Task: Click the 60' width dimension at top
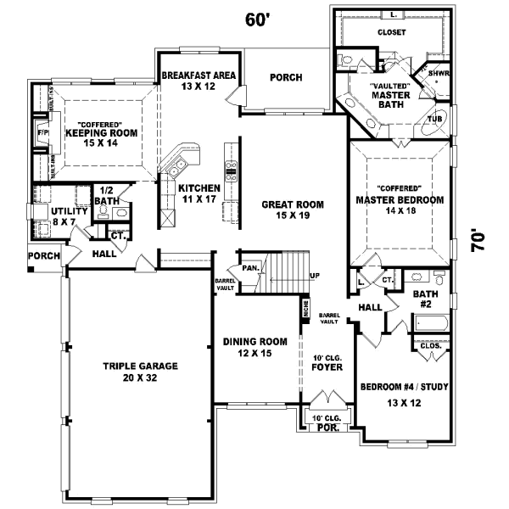(x=257, y=20)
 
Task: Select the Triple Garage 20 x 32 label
(x=140, y=372)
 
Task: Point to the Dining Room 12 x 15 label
(x=249, y=347)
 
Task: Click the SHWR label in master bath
(x=438, y=73)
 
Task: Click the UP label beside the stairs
(x=315, y=276)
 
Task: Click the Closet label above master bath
(x=391, y=32)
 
